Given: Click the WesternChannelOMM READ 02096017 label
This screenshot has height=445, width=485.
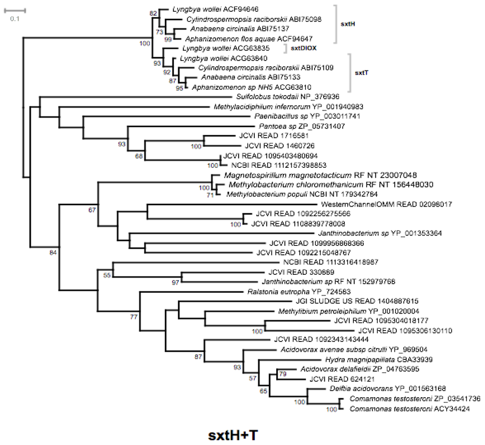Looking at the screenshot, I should click(387, 204).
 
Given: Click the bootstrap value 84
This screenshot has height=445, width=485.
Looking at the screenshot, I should click(53, 253).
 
